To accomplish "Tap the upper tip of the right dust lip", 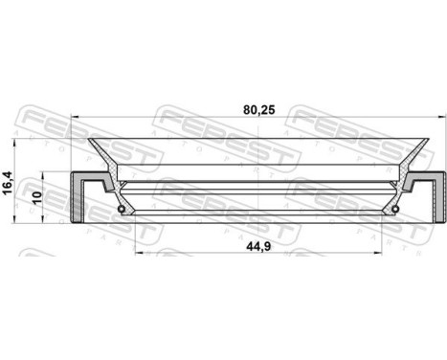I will [x=425, y=140].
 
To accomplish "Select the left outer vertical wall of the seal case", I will [x=74, y=195].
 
